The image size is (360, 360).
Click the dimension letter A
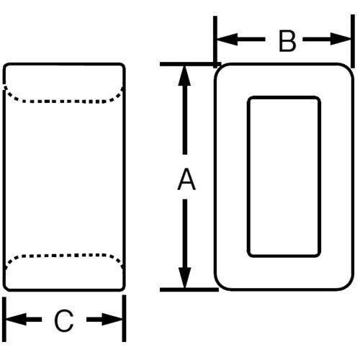point(186,179)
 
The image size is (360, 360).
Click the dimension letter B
point(287,41)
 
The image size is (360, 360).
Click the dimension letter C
point(63,321)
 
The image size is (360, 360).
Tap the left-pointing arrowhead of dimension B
point(228,40)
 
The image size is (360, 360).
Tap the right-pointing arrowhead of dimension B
point(341,39)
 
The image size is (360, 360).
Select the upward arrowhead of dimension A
point(184,76)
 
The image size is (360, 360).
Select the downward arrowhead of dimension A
point(184,278)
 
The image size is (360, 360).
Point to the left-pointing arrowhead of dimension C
point(16,319)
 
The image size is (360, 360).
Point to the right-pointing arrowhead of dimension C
point(112,319)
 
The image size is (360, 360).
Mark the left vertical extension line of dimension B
point(215,42)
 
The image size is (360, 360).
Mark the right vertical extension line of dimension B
point(353,41)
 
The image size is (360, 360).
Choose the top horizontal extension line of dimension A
point(190,64)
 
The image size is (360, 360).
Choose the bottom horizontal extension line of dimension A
point(189,289)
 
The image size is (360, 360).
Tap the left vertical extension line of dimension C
point(4,319)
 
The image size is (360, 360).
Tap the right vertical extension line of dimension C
point(124,318)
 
